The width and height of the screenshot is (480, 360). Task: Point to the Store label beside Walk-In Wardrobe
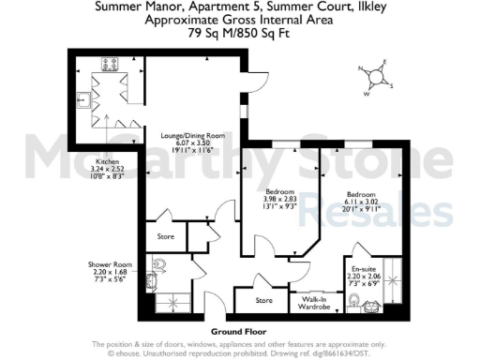click(264, 302)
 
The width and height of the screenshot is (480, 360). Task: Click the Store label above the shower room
click(167, 236)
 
